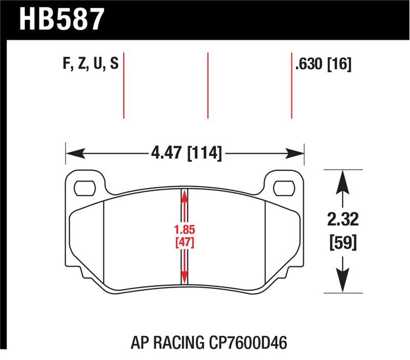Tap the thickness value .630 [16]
(322, 65)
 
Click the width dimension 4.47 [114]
(186, 153)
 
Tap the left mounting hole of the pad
(85, 188)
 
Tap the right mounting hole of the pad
(283, 188)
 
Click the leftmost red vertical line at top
(124, 85)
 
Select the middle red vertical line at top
(208, 85)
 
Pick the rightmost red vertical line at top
(292, 85)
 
